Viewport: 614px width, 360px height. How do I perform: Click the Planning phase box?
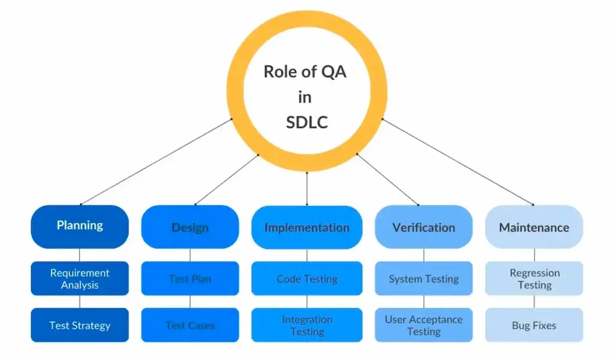[80, 226]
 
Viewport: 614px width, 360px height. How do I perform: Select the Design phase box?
[190, 227]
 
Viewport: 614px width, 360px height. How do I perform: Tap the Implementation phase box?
[306, 227]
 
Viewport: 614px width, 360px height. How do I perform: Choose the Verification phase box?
[423, 227]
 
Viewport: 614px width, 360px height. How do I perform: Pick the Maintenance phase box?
[534, 227]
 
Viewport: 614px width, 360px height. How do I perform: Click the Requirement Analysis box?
[80, 278]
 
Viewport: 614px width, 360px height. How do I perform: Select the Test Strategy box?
[80, 325]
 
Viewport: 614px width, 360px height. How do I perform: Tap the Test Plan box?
[190, 278]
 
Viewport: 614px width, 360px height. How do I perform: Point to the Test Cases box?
[190, 325]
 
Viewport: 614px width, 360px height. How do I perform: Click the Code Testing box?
[306, 278]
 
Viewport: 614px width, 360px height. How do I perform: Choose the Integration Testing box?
[306, 325]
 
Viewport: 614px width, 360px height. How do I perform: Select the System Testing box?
[423, 278]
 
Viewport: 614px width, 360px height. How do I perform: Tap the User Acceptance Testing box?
[423, 325]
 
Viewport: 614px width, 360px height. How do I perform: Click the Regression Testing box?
[534, 278]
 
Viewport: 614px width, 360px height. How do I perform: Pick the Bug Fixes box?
[534, 325]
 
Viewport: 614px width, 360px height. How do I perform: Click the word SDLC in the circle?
[306, 122]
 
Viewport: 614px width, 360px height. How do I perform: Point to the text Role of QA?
[305, 72]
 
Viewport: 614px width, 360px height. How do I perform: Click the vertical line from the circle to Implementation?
[307, 188]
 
